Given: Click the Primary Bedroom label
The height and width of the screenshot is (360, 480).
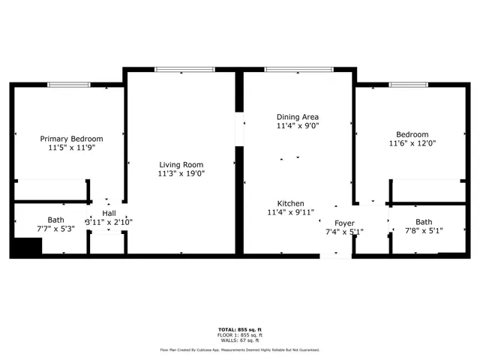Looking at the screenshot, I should (x=71, y=139).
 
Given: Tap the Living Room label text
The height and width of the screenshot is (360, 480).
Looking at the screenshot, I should (x=181, y=164).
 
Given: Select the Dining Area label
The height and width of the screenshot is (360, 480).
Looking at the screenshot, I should (x=298, y=117).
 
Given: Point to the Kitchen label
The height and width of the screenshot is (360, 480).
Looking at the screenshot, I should (x=290, y=203).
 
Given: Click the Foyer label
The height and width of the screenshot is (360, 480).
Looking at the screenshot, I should (x=344, y=223).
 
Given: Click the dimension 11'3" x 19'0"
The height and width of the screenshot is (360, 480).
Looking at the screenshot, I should (x=181, y=173).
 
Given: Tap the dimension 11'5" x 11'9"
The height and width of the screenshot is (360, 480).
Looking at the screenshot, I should (x=71, y=148).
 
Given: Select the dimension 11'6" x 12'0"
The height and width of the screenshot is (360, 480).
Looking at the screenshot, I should (x=412, y=143).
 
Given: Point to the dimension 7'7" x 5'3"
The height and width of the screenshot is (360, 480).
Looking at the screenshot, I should (x=55, y=229).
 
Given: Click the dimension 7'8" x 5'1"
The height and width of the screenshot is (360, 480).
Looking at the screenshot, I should (x=424, y=231).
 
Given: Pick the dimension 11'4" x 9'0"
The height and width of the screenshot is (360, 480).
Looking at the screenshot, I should (x=298, y=126).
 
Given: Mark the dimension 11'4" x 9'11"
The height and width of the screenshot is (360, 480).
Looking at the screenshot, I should (x=290, y=212).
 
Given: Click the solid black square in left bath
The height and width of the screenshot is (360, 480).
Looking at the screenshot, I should (x=28, y=247).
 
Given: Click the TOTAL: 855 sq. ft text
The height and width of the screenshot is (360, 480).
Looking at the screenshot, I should (x=240, y=330).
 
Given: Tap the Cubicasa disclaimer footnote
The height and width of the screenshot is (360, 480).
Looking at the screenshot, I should (x=240, y=349).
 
